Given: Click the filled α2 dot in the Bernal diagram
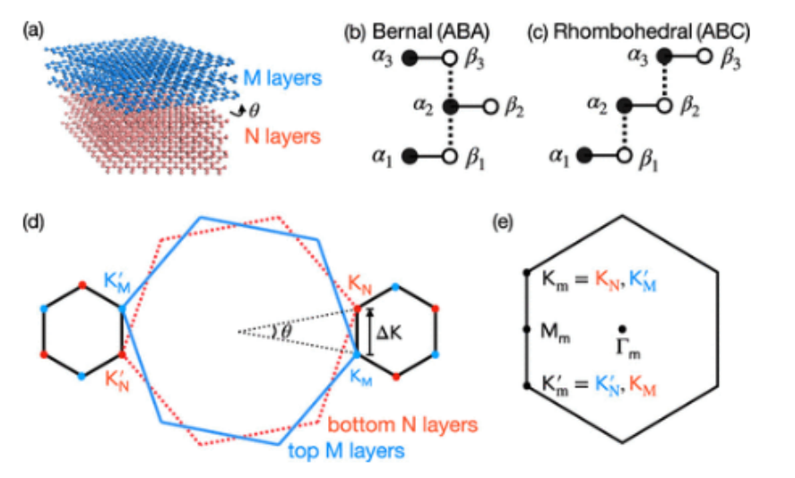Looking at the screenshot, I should click(451, 107).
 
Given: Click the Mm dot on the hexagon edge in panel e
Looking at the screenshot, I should click(526, 330).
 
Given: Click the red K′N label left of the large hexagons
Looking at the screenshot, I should click(115, 376).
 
